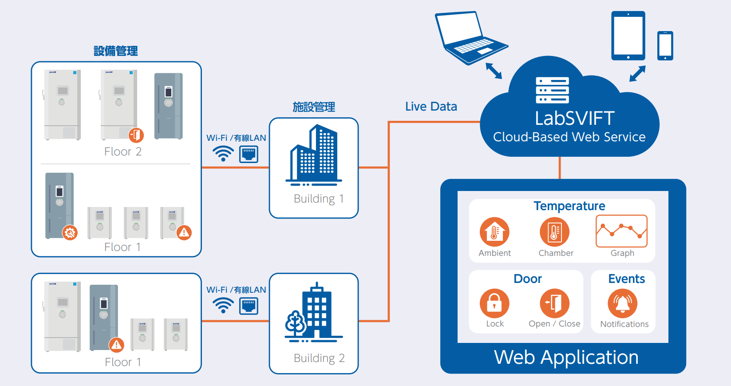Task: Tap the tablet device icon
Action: [x=628, y=36]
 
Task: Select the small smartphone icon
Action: [x=665, y=45]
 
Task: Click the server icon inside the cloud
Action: [x=552, y=90]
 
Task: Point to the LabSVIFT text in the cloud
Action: [x=574, y=119]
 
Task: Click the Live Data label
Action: [x=431, y=107]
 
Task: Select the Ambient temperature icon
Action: [x=494, y=232]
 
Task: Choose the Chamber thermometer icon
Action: [x=554, y=232]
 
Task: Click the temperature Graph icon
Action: [x=621, y=231]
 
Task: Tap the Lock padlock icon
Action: [x=494, y=304]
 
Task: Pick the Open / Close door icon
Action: [x=554, y=304]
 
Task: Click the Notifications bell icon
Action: [x=623, y=304]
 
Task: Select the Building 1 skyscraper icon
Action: [x=314, y=155]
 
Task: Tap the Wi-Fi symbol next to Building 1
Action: [x=223, y=154]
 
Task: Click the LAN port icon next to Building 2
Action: [x=249, y=306]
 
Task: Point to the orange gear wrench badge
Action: [x=70, y=233]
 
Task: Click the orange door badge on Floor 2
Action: [x=136, y=135]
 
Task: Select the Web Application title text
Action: [x=566, y=358]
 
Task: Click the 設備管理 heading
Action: [x=116, y=51]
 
